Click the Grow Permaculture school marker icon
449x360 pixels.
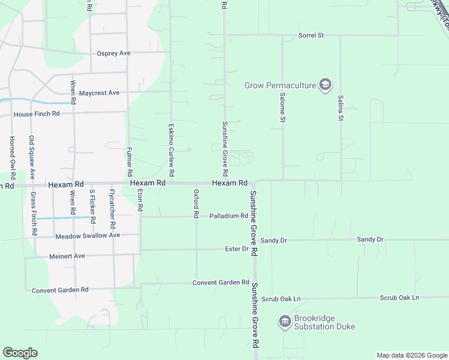(x=325, y=85)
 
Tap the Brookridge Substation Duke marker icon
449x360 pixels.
(x=285, y=322)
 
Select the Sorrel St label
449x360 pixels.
(x=311, y=35)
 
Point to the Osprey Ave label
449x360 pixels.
(x=113, y=53)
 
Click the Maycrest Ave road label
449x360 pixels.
(x=99, y=93)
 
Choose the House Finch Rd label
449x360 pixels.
(x=37, y=114)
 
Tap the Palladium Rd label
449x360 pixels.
(x=229, y=216)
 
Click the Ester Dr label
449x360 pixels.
(x=237, y=248)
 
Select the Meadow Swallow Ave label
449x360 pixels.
(x=88, y=236)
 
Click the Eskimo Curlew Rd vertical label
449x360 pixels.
(x=171, y=149)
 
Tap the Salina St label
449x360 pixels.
(x=340, y=108)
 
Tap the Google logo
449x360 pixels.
(x=20, y=353)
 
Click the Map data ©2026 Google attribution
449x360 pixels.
(x=412, y=355)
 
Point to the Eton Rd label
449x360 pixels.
(x=140, y=200)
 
